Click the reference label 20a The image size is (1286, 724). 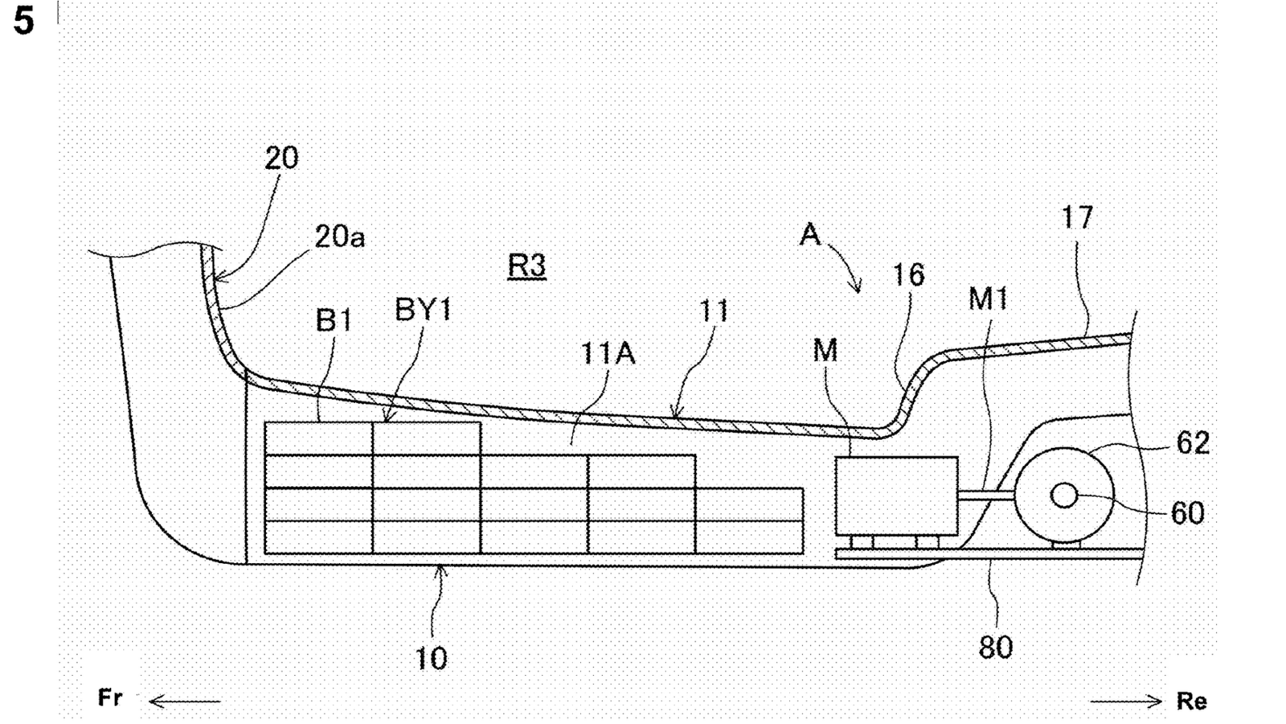click(339, 237)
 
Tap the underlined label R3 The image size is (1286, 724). click(527, 265)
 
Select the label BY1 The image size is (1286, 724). click(424, 311)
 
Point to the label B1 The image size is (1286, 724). click(334, 320)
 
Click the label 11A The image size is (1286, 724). click(608, 353)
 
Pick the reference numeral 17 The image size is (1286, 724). click(1076, 218)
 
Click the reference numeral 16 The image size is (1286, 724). click(909, 274)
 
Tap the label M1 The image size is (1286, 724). click(988, 298)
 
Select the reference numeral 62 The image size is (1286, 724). click(1193, 443)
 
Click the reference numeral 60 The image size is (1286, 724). click(1187, 513)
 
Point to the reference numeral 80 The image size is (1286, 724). click(996, 648)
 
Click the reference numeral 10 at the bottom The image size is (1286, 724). click(431, 659)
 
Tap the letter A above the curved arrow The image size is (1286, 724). click(810, 234)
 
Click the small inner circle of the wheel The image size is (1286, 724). click(1064, 496)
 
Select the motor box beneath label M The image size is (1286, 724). click(896, 496)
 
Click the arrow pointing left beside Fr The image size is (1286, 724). click(185, 701)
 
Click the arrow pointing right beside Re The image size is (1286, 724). click(1126, 701)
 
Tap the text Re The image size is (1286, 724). click(1192, 701)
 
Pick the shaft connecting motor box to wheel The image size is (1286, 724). click(985, 496)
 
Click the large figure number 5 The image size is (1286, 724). click(23, 21)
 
